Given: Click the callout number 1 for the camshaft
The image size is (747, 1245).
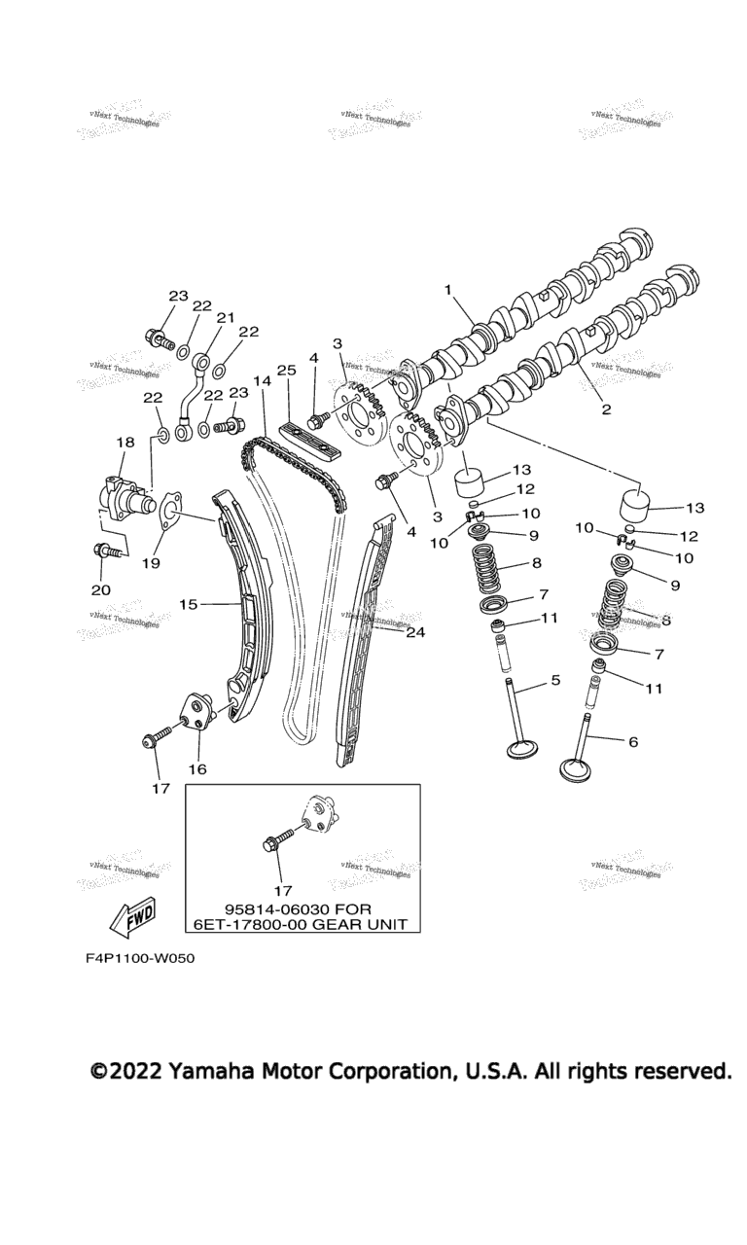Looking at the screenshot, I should click(448, 289).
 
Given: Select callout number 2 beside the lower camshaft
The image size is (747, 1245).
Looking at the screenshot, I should click(606, 409).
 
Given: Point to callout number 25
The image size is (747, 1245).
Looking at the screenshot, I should click(286, 371).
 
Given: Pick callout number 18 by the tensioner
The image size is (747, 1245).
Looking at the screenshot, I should click(124, 443).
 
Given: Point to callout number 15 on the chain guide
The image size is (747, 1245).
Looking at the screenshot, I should click(188, 604).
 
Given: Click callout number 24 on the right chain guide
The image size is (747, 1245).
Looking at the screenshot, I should click(416, 631).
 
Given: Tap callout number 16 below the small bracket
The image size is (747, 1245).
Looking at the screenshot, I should click(197, 768).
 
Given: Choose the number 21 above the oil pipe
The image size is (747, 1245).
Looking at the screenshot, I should click(226, 318).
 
